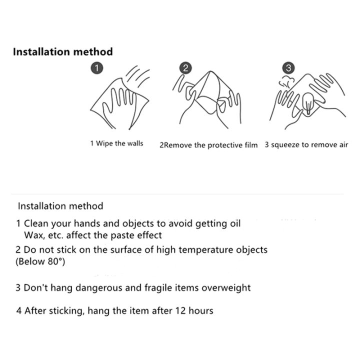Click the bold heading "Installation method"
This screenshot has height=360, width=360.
pos(63,51)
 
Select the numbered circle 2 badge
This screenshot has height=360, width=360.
pos(185,67)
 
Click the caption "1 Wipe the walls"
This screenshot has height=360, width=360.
pos(116,143)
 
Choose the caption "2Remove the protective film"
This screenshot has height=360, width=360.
pos(208,145)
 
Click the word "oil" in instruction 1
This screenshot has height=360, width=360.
pos(233,223)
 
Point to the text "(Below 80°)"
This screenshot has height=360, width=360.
pos(40,261)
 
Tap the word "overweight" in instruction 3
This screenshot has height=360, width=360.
pos(224,287)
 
